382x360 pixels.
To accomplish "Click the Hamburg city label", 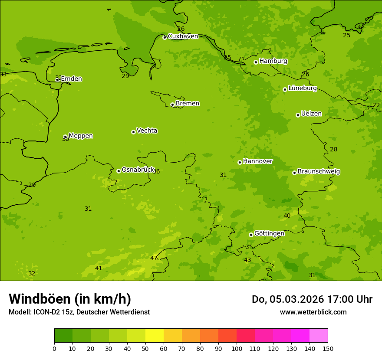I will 273,61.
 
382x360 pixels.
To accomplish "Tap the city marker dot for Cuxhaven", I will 165,38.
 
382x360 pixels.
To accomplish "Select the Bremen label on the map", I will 187,104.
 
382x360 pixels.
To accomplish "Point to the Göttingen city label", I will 269,233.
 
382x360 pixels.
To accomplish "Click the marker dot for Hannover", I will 240,162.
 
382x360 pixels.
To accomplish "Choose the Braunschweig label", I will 319,172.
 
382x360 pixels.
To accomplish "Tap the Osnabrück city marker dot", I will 119,171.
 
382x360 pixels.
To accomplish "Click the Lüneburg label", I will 302,88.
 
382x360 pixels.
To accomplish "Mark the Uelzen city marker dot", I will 298,115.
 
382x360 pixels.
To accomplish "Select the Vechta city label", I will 147,131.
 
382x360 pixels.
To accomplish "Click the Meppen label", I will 81,136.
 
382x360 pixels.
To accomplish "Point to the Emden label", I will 71,79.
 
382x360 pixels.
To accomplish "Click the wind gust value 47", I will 154,258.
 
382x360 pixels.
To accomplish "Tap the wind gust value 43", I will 247,260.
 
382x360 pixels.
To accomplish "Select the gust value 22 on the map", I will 376,105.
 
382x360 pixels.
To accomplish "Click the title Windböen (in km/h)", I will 70,299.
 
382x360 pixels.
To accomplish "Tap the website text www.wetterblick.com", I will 313,312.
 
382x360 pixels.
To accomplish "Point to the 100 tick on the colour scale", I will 237,348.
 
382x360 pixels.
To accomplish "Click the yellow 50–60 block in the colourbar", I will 155,336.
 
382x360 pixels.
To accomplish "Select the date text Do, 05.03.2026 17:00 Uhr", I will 312,299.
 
